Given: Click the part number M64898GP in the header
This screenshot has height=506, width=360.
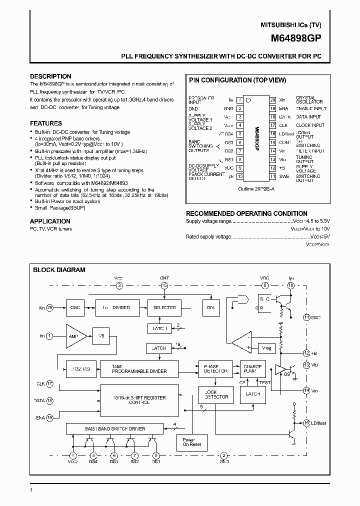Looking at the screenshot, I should (x=296, y=37).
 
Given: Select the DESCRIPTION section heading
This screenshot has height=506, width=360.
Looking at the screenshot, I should (x=51, y=76).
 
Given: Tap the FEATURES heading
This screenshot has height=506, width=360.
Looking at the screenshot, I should (x=46, y=123).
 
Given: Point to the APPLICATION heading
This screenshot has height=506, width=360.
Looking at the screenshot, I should (x=50, y=221).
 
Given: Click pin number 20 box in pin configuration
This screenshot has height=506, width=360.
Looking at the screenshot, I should (x=272, y=100).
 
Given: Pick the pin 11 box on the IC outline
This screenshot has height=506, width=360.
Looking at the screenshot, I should (x=272, y=176).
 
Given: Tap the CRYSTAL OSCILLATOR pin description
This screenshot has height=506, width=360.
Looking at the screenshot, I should (x=305, y=100).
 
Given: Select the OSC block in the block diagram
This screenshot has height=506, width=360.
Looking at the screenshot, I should (x=75, y=307).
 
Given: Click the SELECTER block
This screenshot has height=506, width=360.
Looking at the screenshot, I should (x=164, y=307).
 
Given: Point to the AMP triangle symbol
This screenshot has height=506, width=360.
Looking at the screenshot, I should (x=74, y=336).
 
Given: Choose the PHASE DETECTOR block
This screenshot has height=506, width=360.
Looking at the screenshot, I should (x=216, y=368).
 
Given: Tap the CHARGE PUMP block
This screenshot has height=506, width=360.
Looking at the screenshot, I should (x=253, y=368).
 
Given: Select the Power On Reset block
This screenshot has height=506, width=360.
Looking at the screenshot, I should (x=191, y=442).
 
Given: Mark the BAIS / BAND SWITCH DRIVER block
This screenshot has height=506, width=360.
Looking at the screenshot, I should (x=114, y=428).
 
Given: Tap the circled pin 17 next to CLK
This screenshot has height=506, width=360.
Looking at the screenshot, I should (x=50, y=384).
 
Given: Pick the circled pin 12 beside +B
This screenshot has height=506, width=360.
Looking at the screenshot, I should (x=306, y=353).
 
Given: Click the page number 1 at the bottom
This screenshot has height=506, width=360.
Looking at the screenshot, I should (x=31, y=490).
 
